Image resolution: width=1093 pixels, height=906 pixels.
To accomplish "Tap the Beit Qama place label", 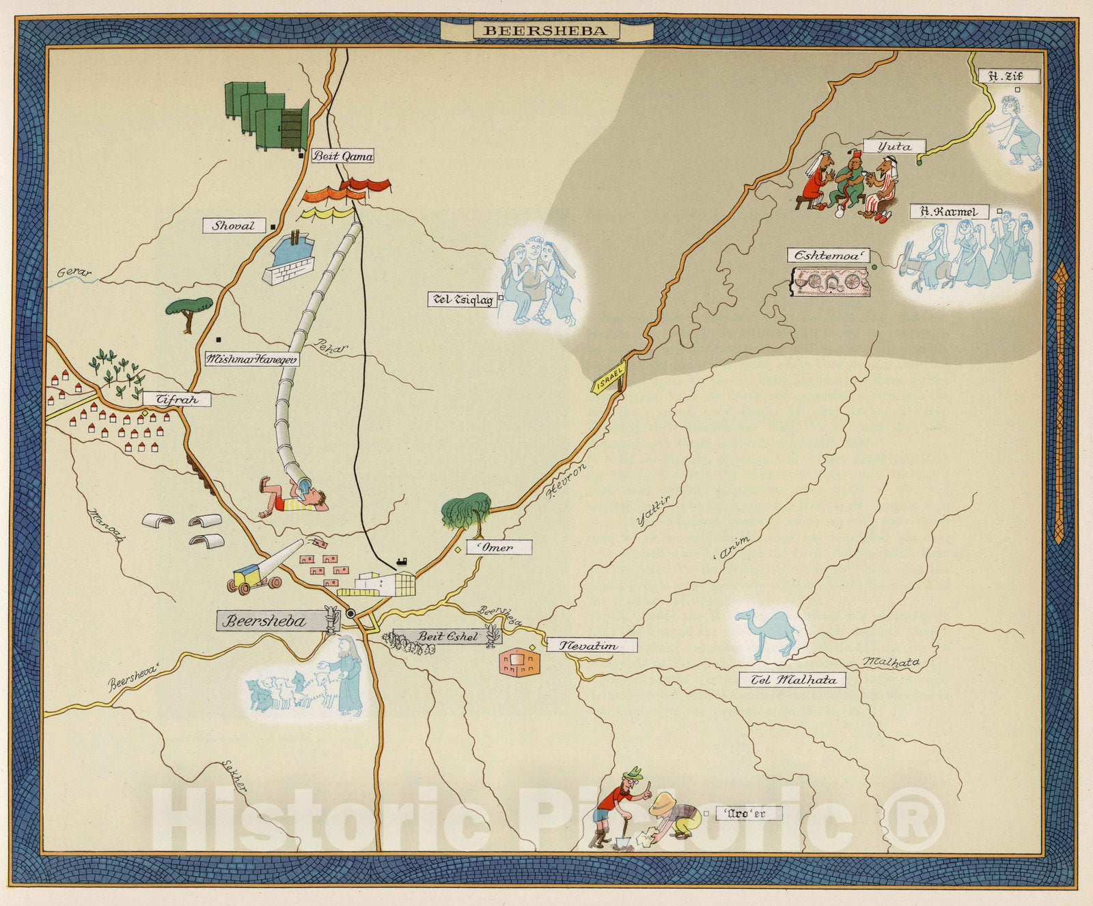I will point(343,156).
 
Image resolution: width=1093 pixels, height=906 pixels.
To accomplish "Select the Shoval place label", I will point(234,225).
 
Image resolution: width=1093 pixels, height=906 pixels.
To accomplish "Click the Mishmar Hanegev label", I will point(251,359).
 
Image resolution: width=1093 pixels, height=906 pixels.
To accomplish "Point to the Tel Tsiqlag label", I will point(462,299).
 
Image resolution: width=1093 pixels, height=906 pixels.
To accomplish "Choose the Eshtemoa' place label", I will point(828,256).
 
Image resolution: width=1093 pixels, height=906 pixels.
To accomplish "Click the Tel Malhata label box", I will point(792,680).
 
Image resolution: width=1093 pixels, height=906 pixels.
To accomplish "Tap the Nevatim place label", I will point(591,645).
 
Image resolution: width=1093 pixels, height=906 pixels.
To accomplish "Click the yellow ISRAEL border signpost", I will point(609,376).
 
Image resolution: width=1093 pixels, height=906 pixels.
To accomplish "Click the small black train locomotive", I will point(403,562).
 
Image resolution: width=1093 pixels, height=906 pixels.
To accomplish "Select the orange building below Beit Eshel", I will point(519,661).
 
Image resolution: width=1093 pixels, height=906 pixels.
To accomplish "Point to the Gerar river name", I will point(74,273).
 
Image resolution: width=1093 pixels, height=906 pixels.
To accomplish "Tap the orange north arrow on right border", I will point(1060,403).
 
